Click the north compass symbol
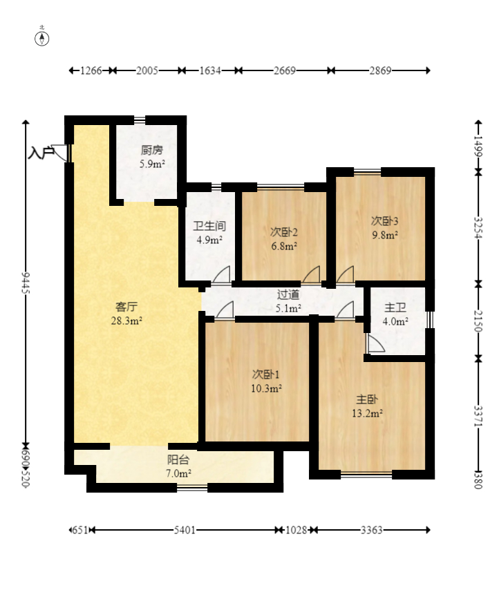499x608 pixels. pyautogui.click(x=42, y=39)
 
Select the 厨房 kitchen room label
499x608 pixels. pyautogui.click(x=152, y=150)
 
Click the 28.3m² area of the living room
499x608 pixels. pyautogui.click(x=126, y=321)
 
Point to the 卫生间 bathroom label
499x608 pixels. pyautogui.click(x=209, y=226)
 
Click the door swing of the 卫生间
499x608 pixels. pyautogui.click(x=221, y=274)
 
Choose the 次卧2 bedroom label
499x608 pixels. pyautogui.click(x=284, y=232)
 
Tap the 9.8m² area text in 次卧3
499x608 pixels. pyautogui.click(x=385, y=235)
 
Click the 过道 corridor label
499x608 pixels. pyautogui.click(x=288, y=295)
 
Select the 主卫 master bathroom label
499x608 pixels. pyautogui.click(x=395, y=308)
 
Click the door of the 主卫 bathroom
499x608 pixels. pyautogui.click(x=375, y=343)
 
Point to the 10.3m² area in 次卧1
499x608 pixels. pyautogui.click(x=266, y=388)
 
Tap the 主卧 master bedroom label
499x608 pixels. pyautogui.click(x=367, y=399)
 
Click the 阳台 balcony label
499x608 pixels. pyautogui.click(x=178, y=459)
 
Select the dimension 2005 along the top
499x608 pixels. pyautogui.click(x=147, y=70)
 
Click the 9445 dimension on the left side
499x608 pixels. pyautogui.click(x=26, y=283)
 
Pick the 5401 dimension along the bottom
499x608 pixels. pyautogui.click(x=185, y=530)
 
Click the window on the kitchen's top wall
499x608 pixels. pyautogui.click(x=140, y=120)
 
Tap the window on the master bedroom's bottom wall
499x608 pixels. pyautogui.click(x=366, y=475)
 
